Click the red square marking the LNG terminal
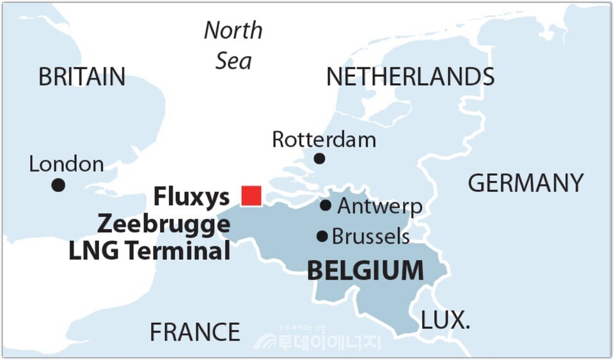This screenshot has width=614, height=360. coord(251,196)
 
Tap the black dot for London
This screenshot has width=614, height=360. coord(58,185)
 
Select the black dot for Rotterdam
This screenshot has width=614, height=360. coord(319,159)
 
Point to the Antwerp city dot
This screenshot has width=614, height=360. coord(326,205)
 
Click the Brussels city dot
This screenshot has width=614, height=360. coord(322,236)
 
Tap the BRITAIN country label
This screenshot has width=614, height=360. coord(82,77)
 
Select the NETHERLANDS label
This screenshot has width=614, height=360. coord(410,77)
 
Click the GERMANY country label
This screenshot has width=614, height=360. coord(526,184)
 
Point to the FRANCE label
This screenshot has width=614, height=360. coord(194,332)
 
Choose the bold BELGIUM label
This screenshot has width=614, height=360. coord(365,270)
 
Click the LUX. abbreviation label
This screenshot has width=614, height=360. coord(445,320)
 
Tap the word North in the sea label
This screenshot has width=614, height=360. coord(233,30)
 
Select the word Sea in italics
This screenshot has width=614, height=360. coord(233,61)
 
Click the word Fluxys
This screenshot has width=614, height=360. coord(191,197)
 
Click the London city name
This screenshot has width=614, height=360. coord(67,164)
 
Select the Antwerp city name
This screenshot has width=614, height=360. coord(379,206)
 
